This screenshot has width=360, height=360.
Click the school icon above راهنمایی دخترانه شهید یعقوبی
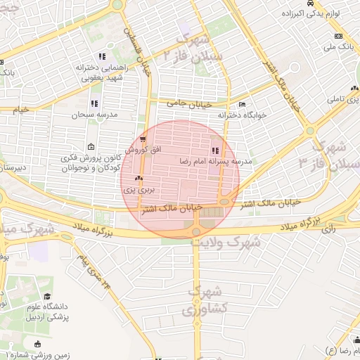pos(102,56)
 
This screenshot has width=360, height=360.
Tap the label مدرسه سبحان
pos(95,114)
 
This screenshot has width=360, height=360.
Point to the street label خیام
pos(21,110)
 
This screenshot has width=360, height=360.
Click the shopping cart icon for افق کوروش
pos(143,139)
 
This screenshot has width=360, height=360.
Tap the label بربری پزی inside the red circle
pos(138,189)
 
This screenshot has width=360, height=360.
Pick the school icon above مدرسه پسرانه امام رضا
pos(214,150)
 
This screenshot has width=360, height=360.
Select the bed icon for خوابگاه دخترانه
pos(242,104)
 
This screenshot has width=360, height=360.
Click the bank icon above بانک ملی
pos(338,36)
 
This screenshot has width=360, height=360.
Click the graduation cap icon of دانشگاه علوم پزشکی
pos(47,297)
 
